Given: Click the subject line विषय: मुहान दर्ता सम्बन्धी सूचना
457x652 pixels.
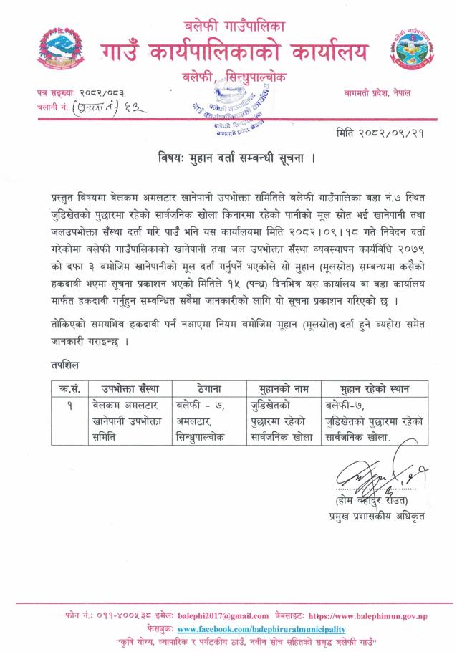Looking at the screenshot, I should click(228, 158).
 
